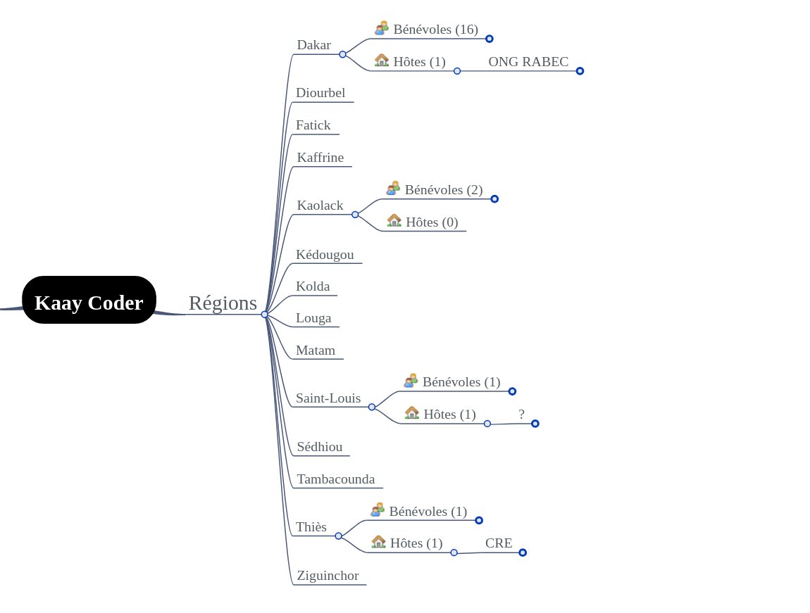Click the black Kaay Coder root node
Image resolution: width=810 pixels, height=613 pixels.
pos(89,300)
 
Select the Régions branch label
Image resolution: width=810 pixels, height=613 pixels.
pos(223,303)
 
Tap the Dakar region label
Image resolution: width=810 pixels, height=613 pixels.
pos(313,45)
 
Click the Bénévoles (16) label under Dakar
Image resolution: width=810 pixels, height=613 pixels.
pos(435,30)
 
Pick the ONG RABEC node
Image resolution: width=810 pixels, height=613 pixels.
pos(528,62)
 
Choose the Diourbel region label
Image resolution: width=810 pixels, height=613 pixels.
pos(320,93)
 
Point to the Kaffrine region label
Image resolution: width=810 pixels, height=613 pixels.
pos(320,158)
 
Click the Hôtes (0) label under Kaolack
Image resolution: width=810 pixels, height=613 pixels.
pos(432,222)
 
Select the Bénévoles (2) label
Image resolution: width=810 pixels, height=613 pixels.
pos(444,190)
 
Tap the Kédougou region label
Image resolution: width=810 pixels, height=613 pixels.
pos(325,254)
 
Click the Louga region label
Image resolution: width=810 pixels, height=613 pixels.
pos(313,318)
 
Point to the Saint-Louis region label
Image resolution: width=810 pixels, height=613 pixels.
pos(328,398)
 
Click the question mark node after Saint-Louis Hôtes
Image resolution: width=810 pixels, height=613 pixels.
pos(521,415)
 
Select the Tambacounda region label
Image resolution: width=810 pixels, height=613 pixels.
pos(336,479)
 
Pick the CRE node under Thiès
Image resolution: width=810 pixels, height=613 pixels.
pos(499,543)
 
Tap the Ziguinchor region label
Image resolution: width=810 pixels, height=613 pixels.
pos(328,576)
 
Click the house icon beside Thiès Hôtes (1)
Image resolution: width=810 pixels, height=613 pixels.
pos(379,541)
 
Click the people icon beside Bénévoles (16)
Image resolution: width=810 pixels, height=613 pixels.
pos(382,28)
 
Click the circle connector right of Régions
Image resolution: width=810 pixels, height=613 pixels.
pos(265,314)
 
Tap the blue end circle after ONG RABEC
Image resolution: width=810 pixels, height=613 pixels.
pos(580,71)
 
